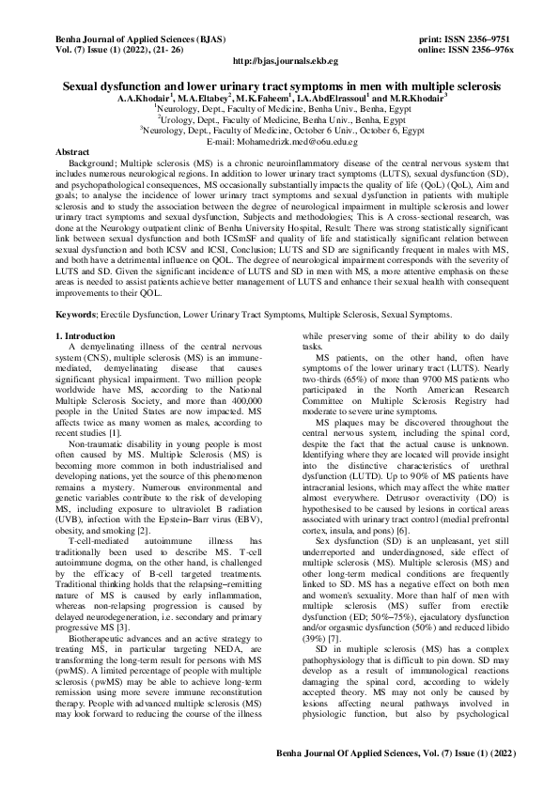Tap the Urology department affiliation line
click(x=279, y=120)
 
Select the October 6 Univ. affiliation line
click(x=279, y=131)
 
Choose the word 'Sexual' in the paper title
click(x=85, y=85)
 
